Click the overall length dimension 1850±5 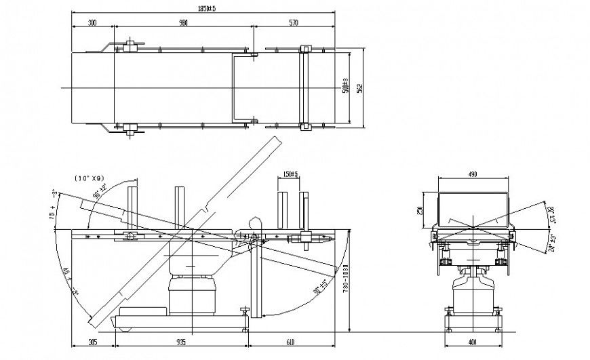(203, 9)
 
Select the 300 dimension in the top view (92, 23)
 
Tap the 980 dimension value (183, 23)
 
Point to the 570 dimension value (294, 23)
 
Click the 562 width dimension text (361, 87)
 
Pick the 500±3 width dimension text (346, 87)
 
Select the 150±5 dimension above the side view (290, 175)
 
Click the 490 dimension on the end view (473, 175)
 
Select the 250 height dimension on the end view (421, 210)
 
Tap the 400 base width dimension (473, 342)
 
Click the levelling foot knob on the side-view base (245, 312)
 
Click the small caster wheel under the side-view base (125, 330)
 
